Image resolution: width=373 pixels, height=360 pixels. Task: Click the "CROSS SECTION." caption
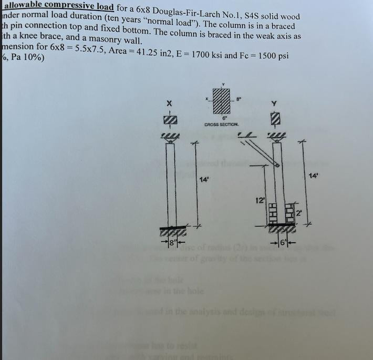coord(221,125)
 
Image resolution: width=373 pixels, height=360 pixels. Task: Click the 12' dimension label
coord(258,201)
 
